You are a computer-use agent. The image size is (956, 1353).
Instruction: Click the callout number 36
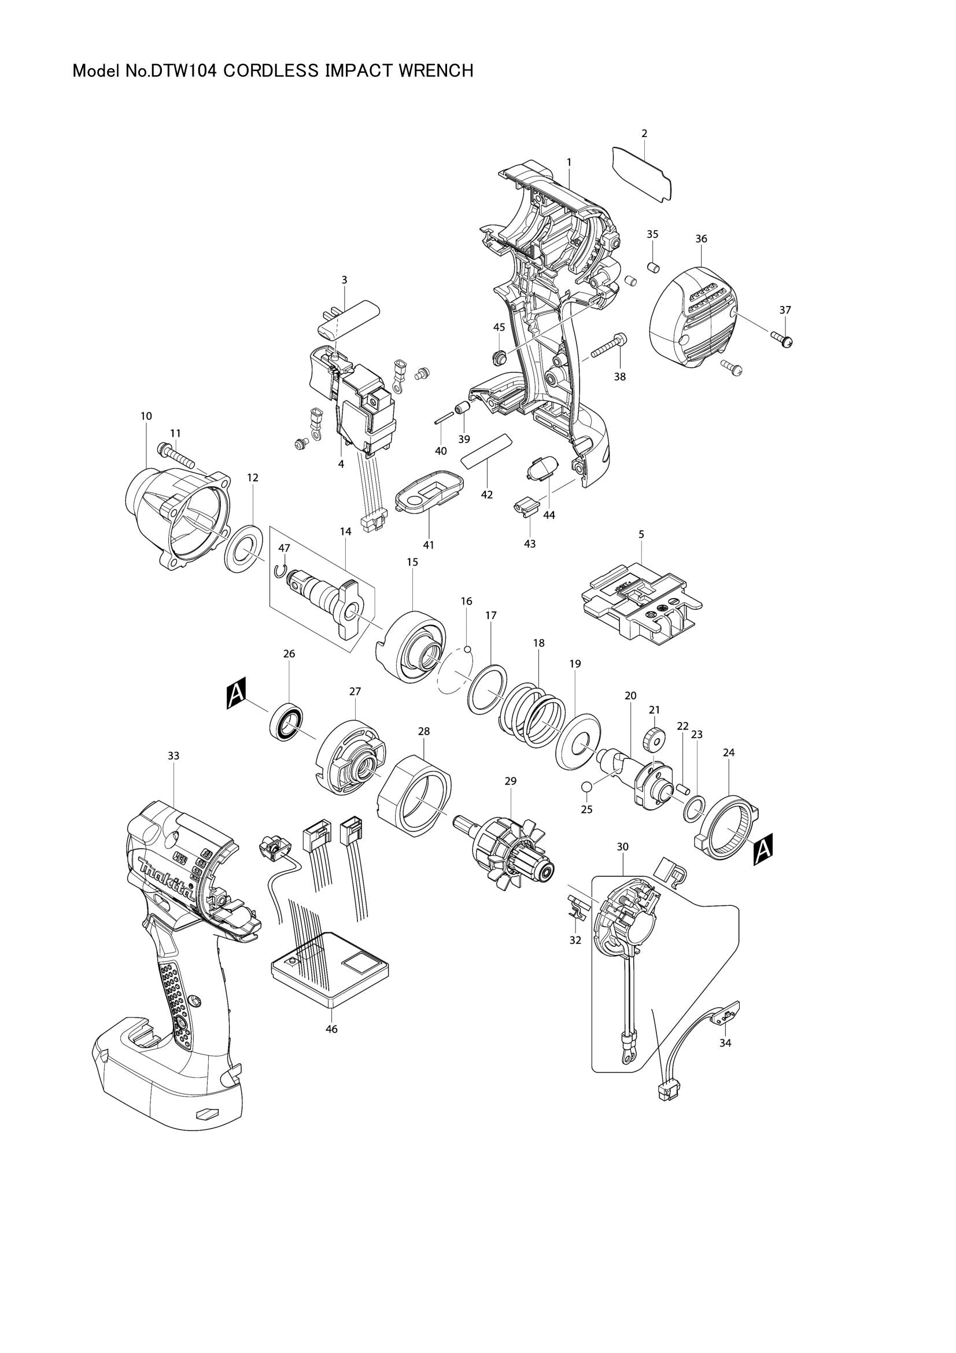[701, 239]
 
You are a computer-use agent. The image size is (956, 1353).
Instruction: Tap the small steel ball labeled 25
[586, 787]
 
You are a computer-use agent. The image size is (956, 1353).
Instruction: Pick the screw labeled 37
[783, 338]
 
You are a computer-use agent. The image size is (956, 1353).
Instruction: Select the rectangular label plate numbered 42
[486, 451]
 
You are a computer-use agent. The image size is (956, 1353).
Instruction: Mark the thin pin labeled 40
[444, 417]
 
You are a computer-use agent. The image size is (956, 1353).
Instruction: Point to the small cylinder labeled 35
[652, 268]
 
